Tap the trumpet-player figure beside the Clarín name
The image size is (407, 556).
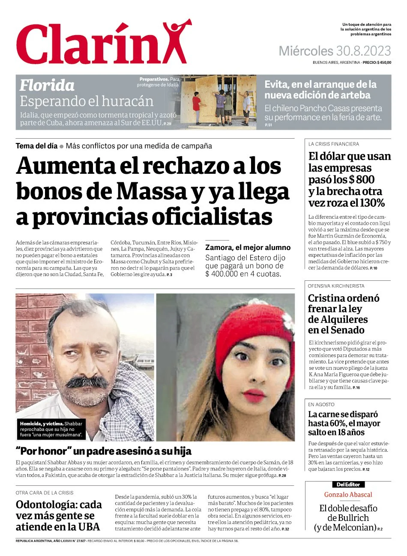pyautogui.click(x=175, y=41)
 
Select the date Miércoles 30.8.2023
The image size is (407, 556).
pyautogui.click(x=335, y=51)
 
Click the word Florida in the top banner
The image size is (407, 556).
pyautogui.click(x=47, y=85)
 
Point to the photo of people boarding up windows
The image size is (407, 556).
pyautogui.click(x=218, y=102)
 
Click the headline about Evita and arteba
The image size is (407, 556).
pyautogui.click(x=320, y=89)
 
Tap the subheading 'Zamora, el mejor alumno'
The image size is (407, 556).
pyautogui.click(x=248, y=247)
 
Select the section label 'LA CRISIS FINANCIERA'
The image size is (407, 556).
pyautogui.click(x=334, y=144)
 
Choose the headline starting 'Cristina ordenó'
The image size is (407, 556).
pyautogui.click(x=343, y=314)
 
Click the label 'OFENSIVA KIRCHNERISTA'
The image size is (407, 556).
pyautogui.click(x=336, y=286)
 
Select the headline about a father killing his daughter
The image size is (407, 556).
pyautogui.click(x=104, y=451)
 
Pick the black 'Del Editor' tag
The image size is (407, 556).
pyautogui.click(x=348, y=485)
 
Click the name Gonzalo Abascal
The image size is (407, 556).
pyautogui.click(x=348, y=495)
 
